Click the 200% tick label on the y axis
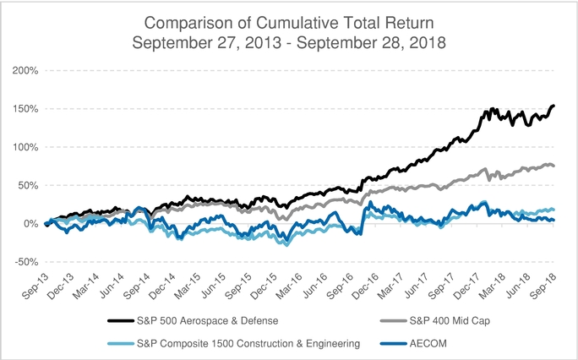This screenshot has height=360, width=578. pos(26,70)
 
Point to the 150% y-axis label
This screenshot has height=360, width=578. pos(26,108)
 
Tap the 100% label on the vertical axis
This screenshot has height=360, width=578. pos(26,147)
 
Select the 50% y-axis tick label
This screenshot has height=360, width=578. pos(28,185)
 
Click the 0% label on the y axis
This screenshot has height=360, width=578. pos(30,223)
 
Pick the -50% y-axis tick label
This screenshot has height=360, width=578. pos(26,262)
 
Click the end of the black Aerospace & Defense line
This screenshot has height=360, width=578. pos(553,106)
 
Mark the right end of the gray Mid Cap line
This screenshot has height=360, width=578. pos(553,166)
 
